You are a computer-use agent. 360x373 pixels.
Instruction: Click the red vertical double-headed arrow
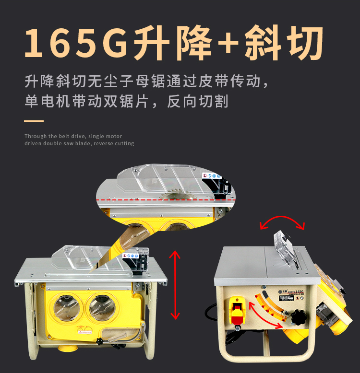[175, 285]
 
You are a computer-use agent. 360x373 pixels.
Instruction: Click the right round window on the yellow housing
[103, 307]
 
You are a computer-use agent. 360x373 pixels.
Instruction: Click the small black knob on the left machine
[100, 341]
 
